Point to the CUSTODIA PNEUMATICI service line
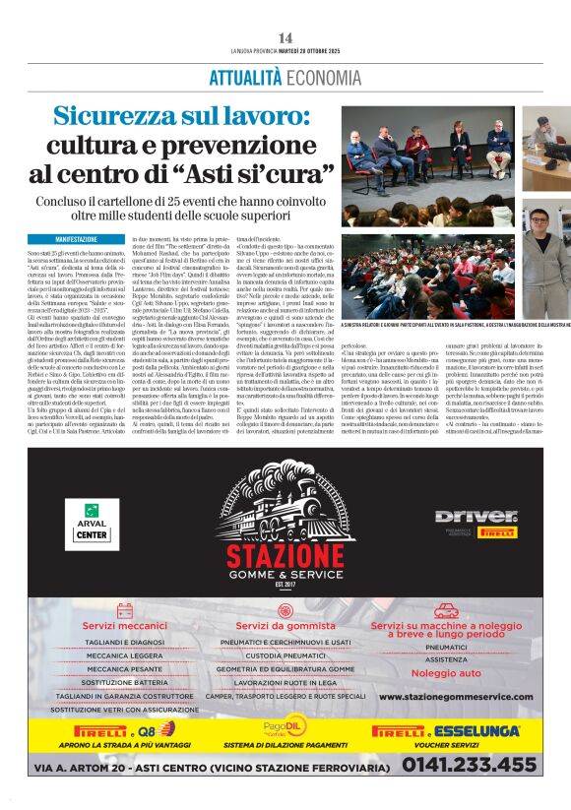(x=285, y=654)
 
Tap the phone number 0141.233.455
(x=469, y=764)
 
